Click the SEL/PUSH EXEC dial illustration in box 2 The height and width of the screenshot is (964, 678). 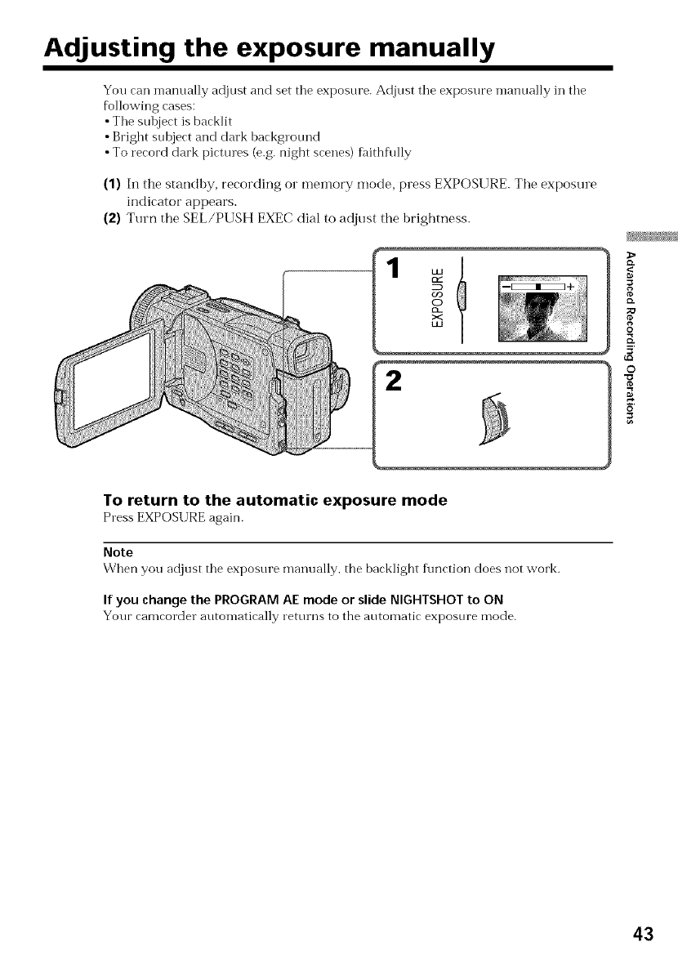point(494,420)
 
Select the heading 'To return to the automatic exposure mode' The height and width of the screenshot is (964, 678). point(274,500)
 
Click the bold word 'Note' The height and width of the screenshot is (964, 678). point(118,552)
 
